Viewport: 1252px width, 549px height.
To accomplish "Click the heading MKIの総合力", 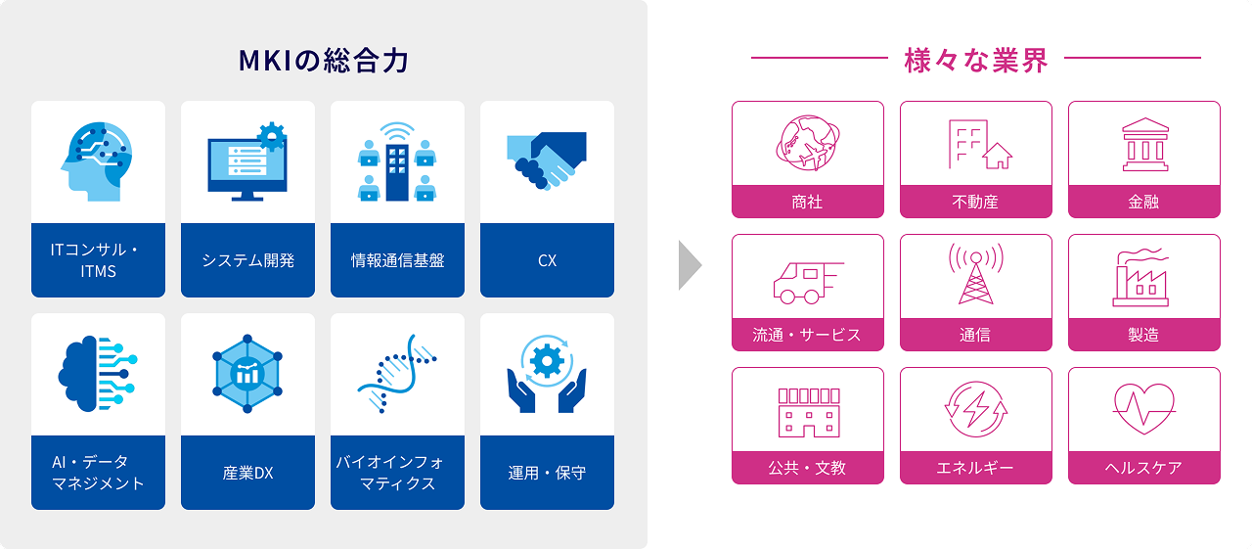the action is tap(324, 61).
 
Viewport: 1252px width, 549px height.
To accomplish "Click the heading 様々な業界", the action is tap(976, 61).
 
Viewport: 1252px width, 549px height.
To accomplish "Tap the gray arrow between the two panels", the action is tap(690, 265).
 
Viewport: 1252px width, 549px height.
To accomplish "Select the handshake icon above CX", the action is tap(547, 161).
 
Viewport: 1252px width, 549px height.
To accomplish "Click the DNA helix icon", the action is tap(397, 374).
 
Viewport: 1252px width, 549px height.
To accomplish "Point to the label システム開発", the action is tap(247, 260).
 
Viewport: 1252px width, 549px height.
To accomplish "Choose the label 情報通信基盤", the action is tap(397, 260).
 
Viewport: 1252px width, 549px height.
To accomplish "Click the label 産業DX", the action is tap(247, 473).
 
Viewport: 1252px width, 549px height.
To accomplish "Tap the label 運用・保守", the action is tap(547, 473).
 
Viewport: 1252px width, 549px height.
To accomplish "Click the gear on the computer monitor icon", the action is tap(272, 136).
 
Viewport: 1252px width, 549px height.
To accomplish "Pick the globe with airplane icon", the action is tap(808, 143).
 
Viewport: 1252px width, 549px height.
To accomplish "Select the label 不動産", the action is tap(975, 202).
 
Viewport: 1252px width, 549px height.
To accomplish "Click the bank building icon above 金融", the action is tap(1144, 144).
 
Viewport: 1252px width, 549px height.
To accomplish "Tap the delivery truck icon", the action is tap(808, 283).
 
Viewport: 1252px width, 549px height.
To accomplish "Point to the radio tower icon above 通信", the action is tap(976, 273).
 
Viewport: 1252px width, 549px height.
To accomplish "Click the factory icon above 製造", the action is tap(1140, 277).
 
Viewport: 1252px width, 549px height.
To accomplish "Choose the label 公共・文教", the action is tap(807, 468).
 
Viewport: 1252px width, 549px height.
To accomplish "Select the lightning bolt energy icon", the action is tap(976, 409).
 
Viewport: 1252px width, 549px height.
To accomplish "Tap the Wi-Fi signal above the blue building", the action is tap(397, 132).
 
